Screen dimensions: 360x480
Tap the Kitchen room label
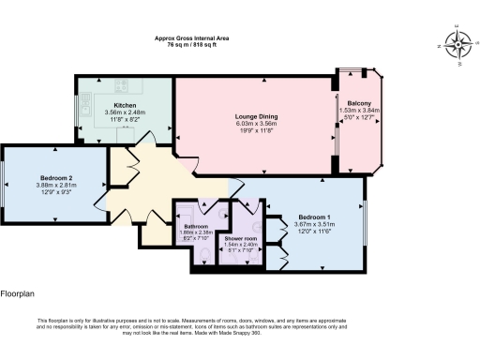click(127, 104)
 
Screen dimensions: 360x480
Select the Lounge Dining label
click(256, 116)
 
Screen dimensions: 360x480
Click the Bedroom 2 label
click(56, 177)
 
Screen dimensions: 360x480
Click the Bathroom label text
click(196, 227)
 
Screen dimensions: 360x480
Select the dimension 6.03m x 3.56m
click(256, 124)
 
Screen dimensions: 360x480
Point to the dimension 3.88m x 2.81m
click(56, 185)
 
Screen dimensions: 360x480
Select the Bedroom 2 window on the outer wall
click(3, 183)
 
